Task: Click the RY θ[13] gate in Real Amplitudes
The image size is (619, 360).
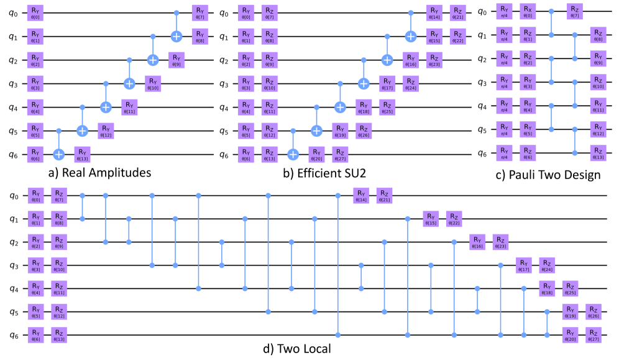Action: pyautogui.click(x=83, y=152)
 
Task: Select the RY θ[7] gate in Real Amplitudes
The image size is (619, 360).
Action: pyautogui.click(x=199, y=12)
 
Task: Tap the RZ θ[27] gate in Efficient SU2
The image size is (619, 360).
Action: pyautogui.click(x=339, y=152)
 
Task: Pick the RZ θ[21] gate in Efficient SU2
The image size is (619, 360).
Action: pyautogui.click(x=457, y=12)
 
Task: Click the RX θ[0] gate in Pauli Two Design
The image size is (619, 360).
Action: pyautogui.click(x=527, y=12)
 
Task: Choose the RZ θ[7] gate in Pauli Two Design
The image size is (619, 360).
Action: pyautogui.click(x=574, y=12)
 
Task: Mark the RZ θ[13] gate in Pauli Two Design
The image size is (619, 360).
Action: pyautogui.click(x=597, y=152)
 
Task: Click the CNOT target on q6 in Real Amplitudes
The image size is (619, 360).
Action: pyautogui.click(x=59, y=152)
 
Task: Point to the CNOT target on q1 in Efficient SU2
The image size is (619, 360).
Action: pyautogui.click(x=410, y=36)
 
